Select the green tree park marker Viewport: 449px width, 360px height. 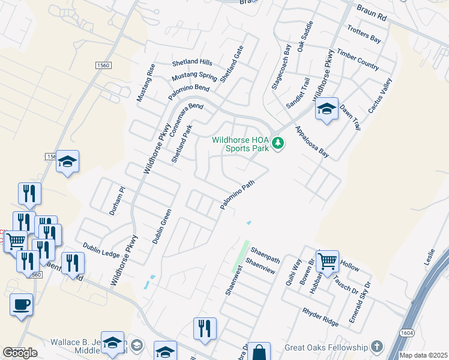[277, 143]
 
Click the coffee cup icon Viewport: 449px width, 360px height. [21, 304]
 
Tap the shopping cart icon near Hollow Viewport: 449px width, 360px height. [327, 261]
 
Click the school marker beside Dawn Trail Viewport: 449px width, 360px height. [327, 109]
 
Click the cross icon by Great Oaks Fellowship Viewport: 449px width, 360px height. [376, 347]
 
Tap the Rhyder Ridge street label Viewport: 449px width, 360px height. [321, 313]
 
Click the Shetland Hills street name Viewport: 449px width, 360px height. [192, 62]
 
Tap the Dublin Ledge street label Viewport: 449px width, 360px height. [101, 250]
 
